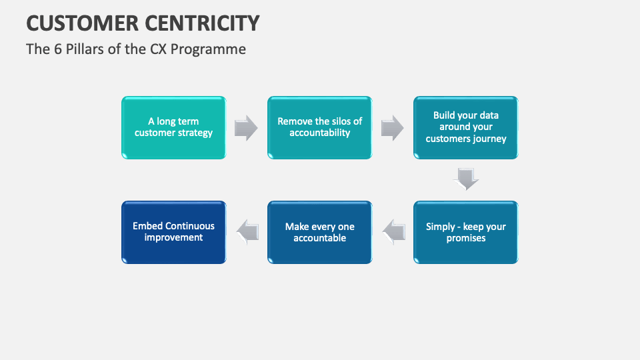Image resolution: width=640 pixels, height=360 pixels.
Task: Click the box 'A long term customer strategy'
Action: [x=173, y=127]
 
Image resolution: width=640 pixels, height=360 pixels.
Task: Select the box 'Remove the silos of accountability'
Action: [x=320, y=127]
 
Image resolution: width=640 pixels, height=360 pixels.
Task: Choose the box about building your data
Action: [x=466, y=127]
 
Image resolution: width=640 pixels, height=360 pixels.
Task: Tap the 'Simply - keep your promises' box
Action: [x=466, y=232]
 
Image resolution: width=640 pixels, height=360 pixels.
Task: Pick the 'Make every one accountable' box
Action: [x=320, y=232]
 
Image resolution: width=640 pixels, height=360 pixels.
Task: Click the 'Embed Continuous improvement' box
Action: [x=173, y=232]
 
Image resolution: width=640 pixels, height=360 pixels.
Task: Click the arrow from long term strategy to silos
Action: [x=247, y=127]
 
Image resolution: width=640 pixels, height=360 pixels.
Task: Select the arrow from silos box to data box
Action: [x=393, y=127]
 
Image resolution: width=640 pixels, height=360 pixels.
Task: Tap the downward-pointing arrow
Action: [x=466, y=179]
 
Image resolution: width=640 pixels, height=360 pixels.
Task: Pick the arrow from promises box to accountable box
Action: [x=393, y=231]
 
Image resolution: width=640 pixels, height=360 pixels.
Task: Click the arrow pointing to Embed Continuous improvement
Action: [x=247, y=231]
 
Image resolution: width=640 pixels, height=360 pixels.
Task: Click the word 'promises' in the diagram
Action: [x=466, y=238]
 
